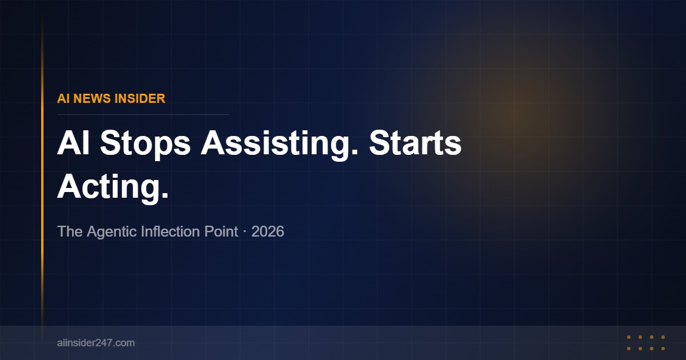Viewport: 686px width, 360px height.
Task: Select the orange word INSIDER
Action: point(140,98)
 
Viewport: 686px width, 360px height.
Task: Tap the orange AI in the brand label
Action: point(63,98)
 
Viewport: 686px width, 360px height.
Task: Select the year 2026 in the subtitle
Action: point(267,232)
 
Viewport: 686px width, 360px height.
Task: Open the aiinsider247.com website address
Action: point(96,343)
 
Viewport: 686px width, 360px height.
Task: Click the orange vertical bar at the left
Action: point(42,171)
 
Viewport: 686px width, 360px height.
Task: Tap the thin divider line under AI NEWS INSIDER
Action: point(143,114)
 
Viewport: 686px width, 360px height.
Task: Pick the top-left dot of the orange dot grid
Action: point(629,337)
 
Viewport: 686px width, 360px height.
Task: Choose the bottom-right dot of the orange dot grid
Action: point(663,349)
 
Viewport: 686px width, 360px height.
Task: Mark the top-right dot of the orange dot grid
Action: point(663,337)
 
